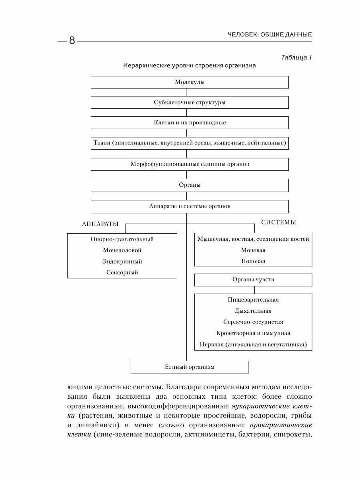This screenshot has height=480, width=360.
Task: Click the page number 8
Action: (x=72, y=40)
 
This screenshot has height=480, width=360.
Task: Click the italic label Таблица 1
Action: (x=296, y=57)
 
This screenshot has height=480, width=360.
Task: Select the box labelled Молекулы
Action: (x=190, y=82)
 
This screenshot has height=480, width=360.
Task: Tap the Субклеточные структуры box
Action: (x=190, y=102)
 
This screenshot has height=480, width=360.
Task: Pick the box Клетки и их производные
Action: (x=190, y=122)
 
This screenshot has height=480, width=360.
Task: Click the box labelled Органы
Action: (x=190, y=185)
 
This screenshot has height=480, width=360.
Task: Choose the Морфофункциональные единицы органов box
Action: (x=190, y=164)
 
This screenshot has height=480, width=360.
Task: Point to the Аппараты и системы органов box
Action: (x=190, y=206)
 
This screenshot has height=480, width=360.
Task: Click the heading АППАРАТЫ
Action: (x=100, y=224)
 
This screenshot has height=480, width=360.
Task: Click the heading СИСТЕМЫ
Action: (x=279, y=222)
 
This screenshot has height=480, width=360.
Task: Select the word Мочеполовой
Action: (x=122, y=250)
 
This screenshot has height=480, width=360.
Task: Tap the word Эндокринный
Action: (x=122, y=262)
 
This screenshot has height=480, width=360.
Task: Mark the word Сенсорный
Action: (x=122, y=273)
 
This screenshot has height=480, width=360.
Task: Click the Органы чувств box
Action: (x=253, y=280)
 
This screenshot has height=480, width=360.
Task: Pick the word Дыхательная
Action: (x=253, y=311)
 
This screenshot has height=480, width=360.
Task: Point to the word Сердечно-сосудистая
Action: (x=253, y=322)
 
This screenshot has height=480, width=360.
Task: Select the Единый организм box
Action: (x=190, y=367)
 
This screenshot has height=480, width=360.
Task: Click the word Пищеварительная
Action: (x=253, y=300)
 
